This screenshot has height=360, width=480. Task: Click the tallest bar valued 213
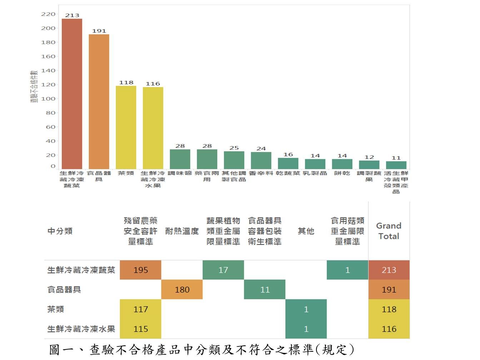72,94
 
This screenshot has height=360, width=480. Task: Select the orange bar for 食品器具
99,101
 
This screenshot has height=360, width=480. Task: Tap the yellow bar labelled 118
126,127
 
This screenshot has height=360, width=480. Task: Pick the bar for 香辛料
261,160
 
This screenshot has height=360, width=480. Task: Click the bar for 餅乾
342,164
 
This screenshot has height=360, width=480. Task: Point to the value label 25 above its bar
234,148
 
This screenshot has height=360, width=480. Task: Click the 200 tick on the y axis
48,28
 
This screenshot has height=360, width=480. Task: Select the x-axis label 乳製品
315,173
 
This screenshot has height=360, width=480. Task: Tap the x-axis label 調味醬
180,173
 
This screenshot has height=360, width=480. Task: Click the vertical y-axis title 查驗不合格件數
34,86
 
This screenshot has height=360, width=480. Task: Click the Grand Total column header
389,231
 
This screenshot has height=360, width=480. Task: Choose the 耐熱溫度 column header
182,231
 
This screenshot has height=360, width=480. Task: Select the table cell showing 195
141,270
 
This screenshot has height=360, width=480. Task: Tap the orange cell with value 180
182,290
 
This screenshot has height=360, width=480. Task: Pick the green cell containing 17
223,270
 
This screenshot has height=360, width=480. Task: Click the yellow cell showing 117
141,309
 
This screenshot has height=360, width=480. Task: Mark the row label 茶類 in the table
56,309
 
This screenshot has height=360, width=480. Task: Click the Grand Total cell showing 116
389,329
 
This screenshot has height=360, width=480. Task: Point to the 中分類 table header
60,231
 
